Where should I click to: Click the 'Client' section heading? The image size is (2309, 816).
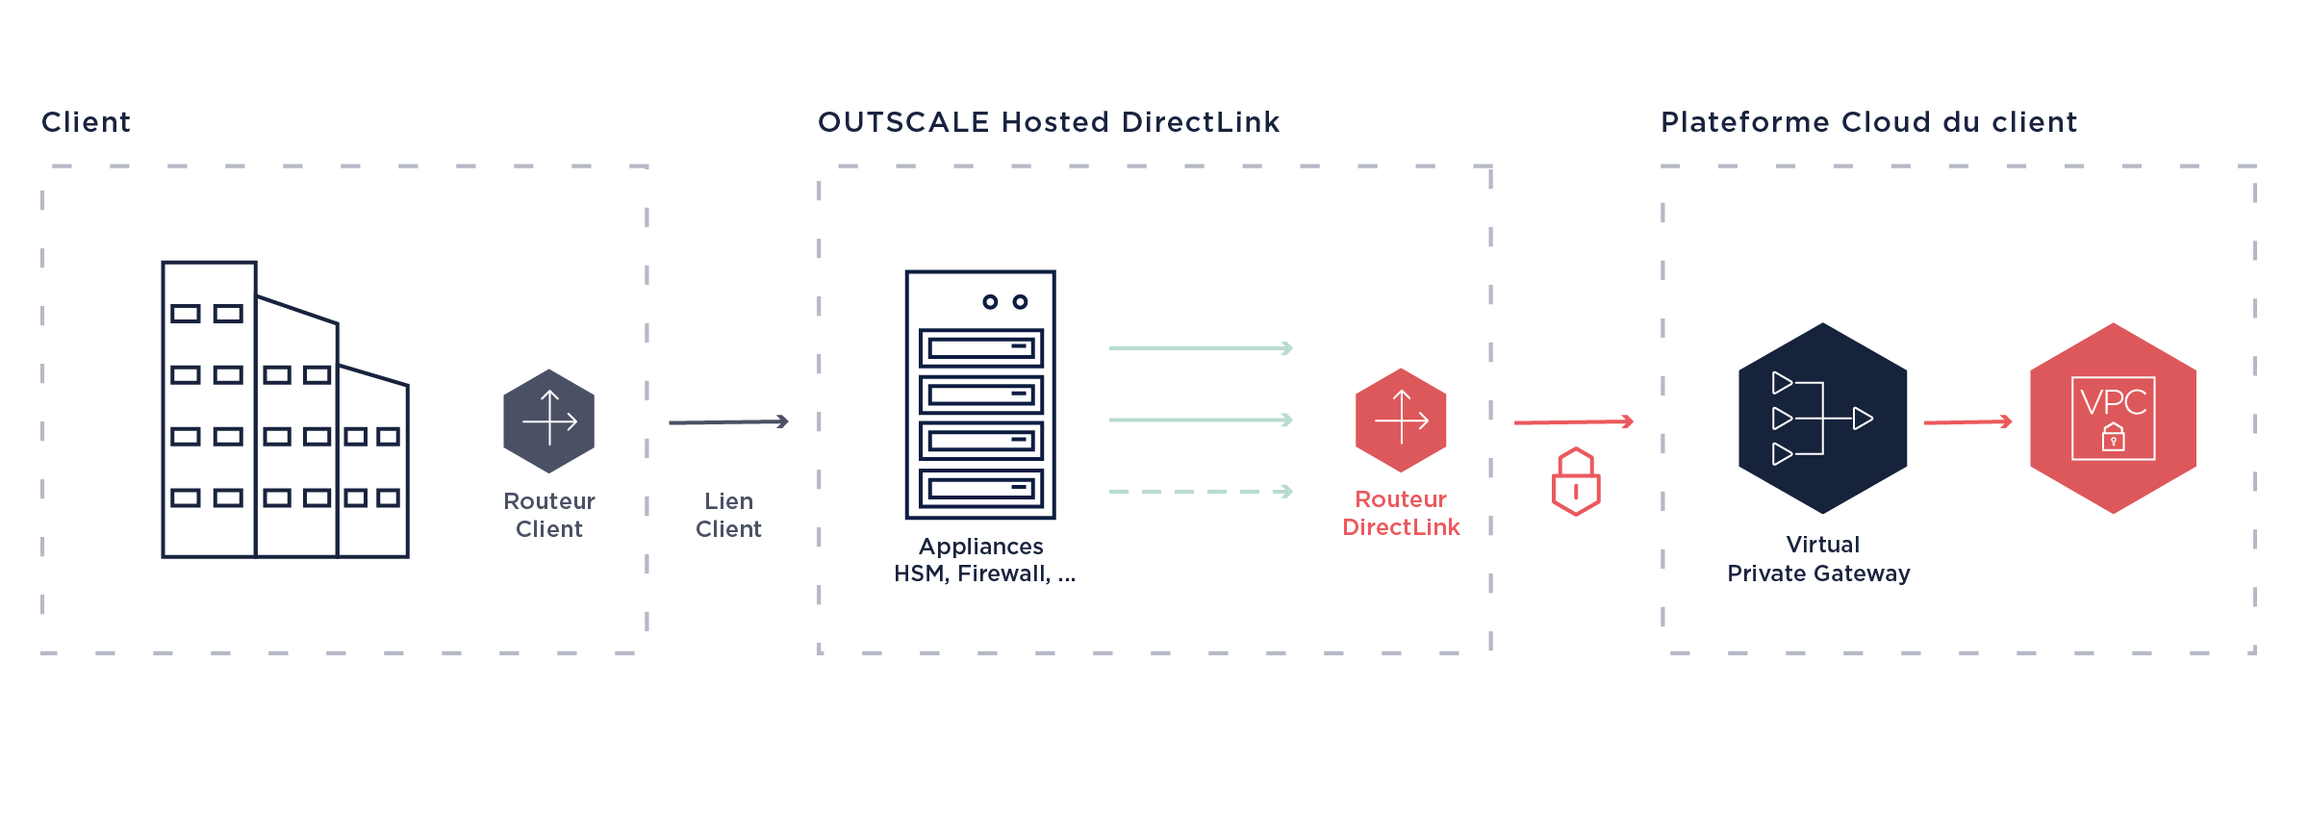86,122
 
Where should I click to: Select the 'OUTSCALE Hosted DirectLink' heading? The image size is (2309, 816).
1049,122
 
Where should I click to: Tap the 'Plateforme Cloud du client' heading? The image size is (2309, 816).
1868,122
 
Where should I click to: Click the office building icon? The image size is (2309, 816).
285,410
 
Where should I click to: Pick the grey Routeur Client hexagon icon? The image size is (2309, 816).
548,421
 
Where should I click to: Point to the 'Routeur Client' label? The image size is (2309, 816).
548,515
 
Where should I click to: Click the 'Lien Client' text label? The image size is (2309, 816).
728,515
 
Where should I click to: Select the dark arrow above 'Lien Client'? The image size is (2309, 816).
728,421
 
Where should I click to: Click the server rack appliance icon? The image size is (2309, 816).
980,395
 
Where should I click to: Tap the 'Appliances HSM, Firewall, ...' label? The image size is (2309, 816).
984,560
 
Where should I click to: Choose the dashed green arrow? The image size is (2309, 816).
1201,492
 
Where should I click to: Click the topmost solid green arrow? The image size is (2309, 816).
1201,348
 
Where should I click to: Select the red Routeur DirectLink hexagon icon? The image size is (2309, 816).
1401,421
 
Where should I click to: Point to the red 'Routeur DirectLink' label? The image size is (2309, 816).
1401,513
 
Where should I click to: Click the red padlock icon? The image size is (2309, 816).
1576,482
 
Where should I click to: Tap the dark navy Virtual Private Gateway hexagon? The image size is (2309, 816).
1822,419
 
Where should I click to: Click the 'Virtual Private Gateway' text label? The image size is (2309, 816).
1819,559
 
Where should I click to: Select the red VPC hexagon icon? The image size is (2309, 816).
2113,419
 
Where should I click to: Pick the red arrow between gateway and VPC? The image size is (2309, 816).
1967,421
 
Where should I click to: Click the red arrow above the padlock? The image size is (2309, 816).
1574,421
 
